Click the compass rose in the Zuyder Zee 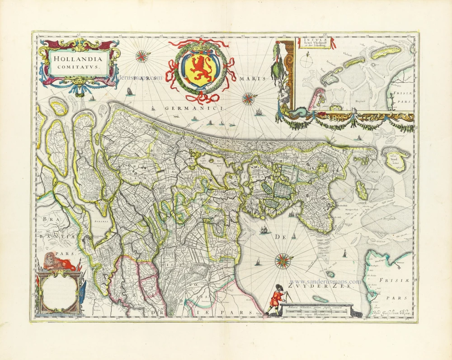pyautogui.click(x=283, y=261)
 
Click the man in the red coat pyautogui.click(x=275, y=299)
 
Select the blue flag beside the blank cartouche pyautogui.click(x=83, y=291)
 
